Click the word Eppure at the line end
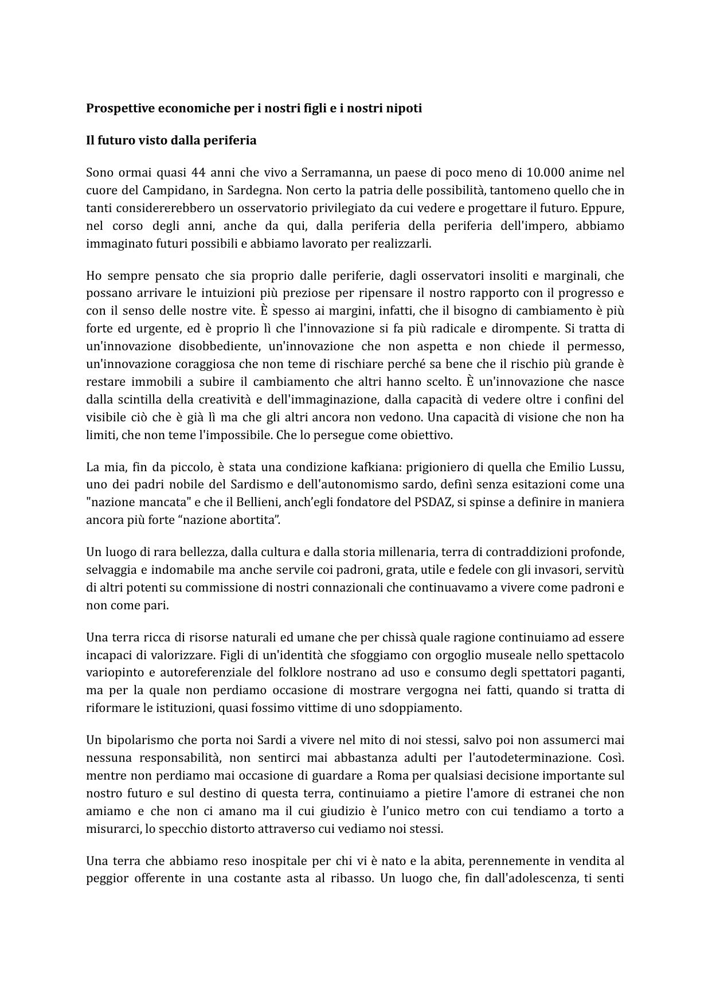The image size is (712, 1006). tap(604, 208)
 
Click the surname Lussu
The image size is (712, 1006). tap(608, 467)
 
